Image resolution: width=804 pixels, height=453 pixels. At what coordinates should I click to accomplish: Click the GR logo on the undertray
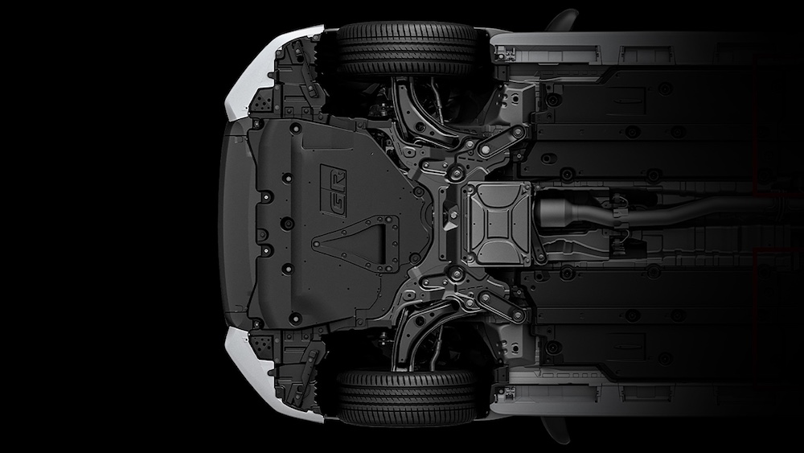334,191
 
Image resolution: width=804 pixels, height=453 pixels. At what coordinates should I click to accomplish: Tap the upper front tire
408,49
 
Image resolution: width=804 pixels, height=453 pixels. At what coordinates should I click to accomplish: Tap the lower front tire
408,398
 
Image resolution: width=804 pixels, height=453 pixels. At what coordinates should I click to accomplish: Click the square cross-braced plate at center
496,224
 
